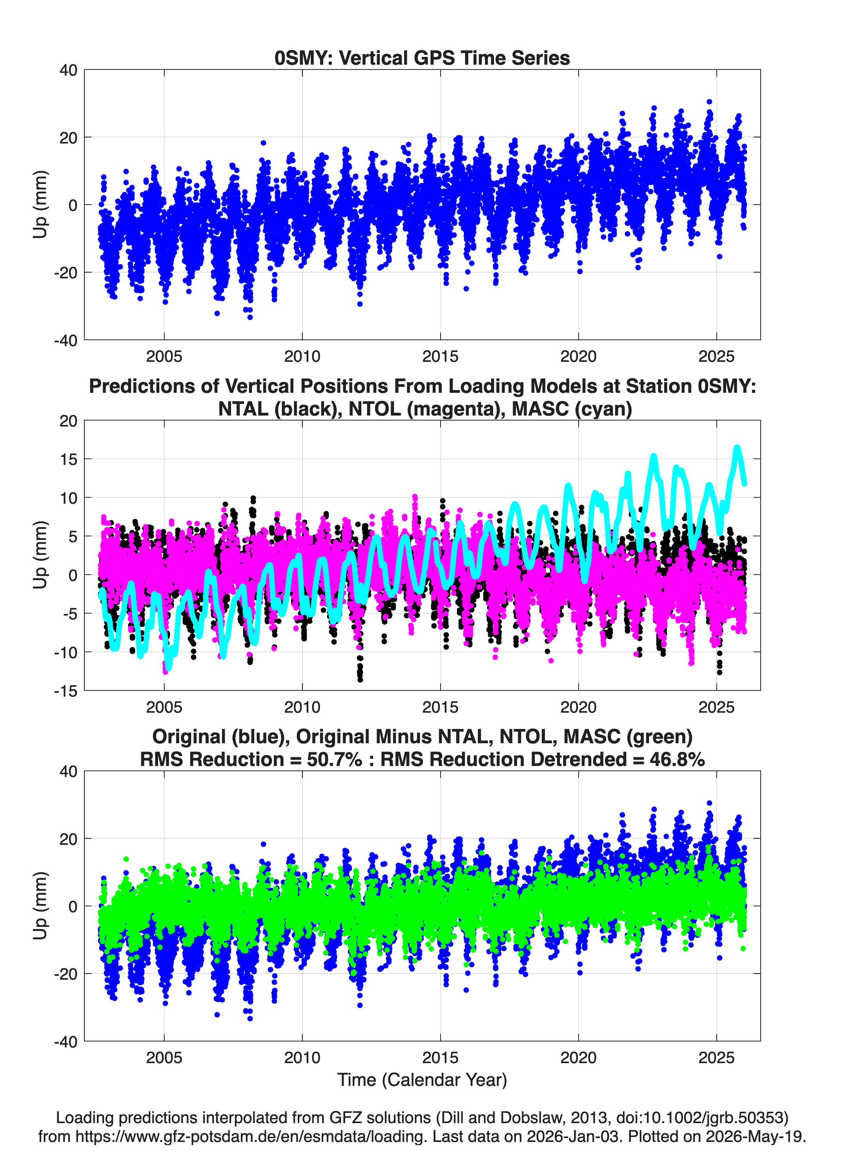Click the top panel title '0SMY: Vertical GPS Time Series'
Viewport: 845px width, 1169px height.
click(422, 58)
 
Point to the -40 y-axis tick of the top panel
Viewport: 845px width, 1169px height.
click(65, 340)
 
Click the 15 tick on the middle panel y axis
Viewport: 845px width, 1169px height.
click(68, 459)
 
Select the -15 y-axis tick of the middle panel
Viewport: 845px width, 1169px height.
click(65, 691)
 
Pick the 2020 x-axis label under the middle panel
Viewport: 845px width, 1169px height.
click(578, 707)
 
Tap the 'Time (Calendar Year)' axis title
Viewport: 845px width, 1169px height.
click(422, 1080)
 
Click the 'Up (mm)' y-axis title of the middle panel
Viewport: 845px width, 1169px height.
click(40, 555)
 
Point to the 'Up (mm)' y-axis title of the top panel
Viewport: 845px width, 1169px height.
click(40, 204)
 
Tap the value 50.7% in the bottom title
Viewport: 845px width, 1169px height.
click(334, 759)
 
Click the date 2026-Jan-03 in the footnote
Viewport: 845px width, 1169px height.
click(573, 1136)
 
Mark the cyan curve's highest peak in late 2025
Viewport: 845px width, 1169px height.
click(737, 448)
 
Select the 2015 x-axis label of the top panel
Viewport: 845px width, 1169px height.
click(440, 356)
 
